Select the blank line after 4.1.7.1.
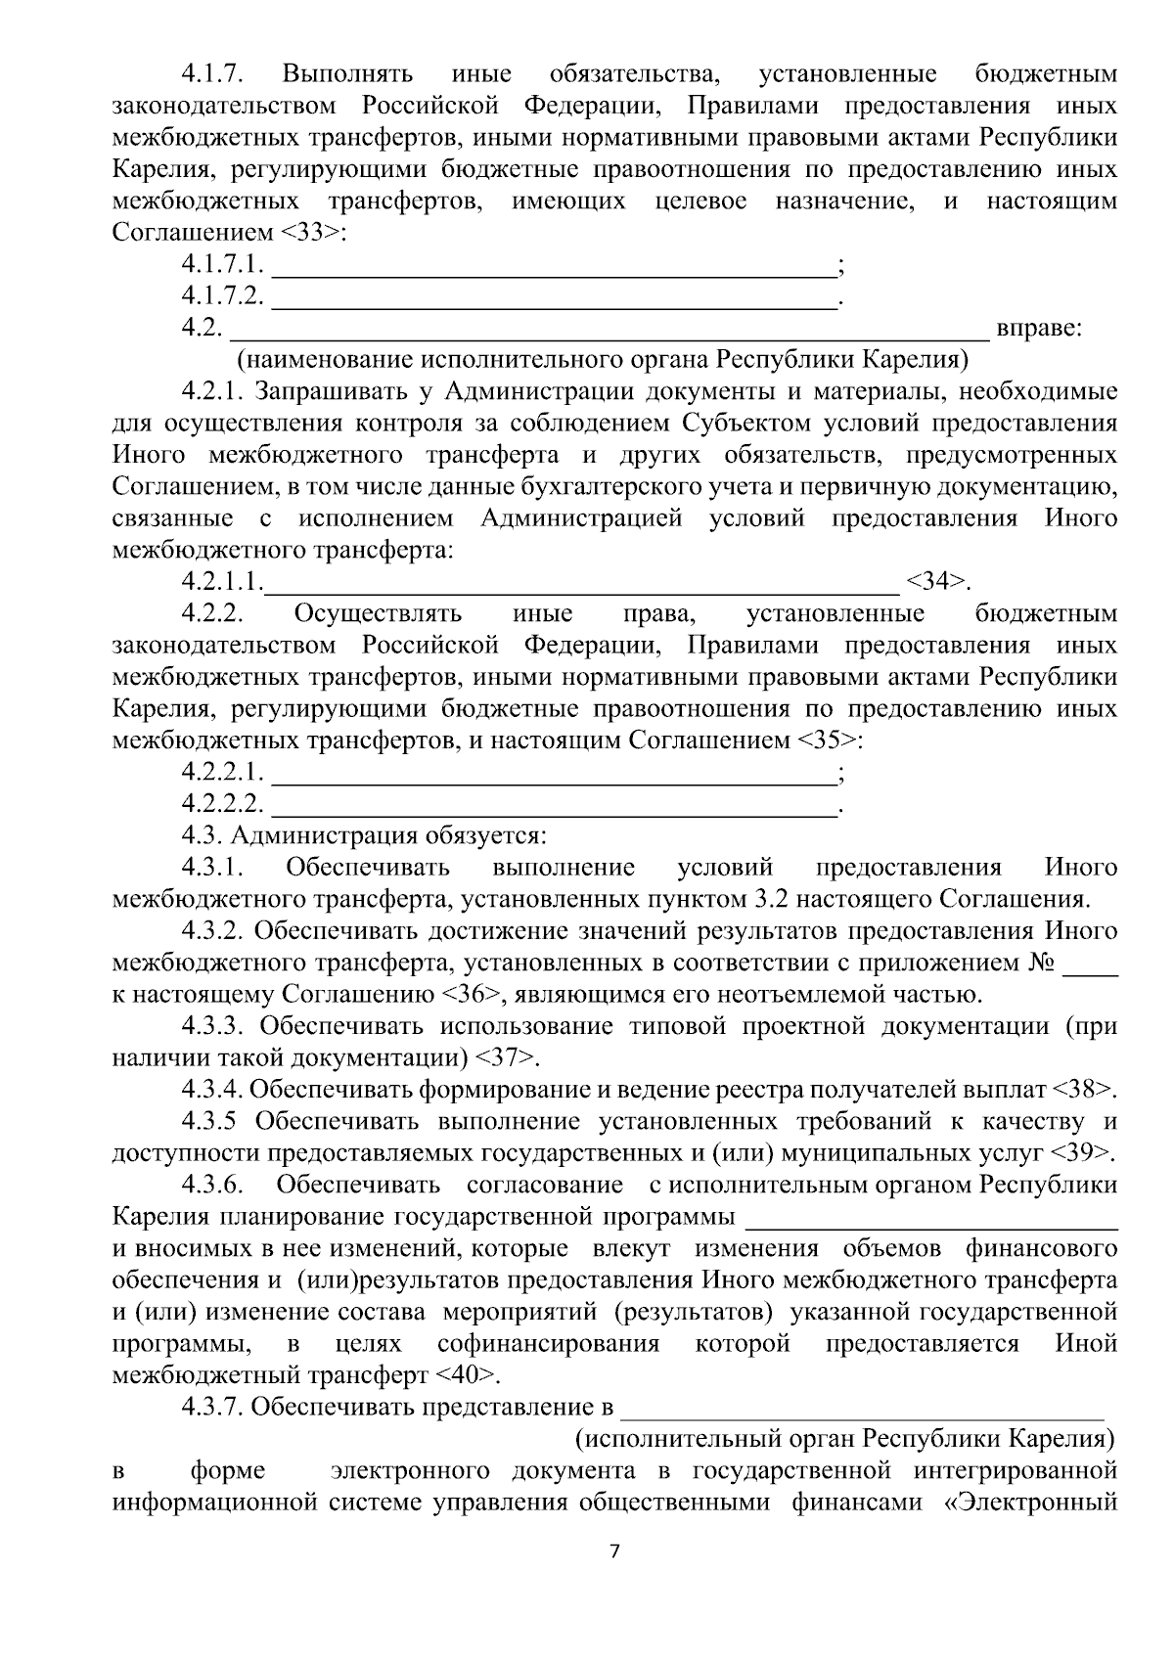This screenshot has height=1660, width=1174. [x=553, y=265]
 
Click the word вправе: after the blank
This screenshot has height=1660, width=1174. [x=1038, y=329]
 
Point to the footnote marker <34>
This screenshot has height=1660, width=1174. [x=937, y=582]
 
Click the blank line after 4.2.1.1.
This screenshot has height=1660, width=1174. [x=582, y=583]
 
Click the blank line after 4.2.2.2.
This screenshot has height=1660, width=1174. [x=553, y=804]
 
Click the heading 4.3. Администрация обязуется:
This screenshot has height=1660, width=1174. [x=364, y=836]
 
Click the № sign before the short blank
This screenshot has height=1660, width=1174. [x=1041, y=963]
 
